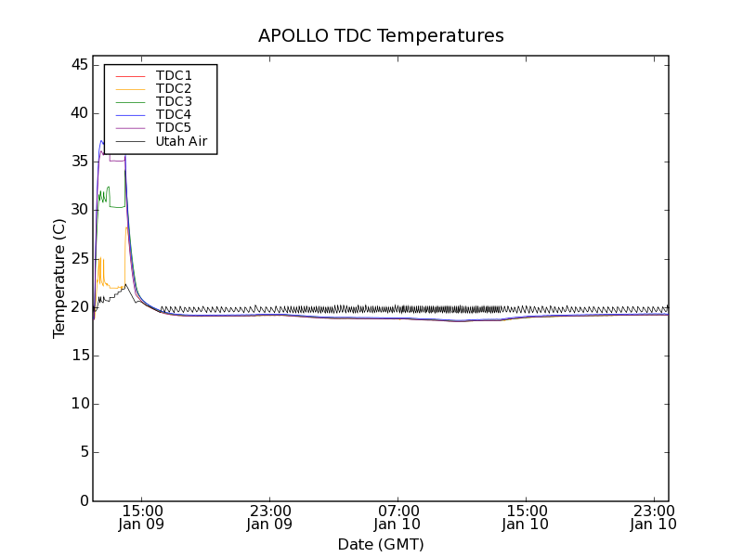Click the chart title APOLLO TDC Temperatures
point(381,36)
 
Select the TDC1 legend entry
point(174,75)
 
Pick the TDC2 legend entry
point(174,88)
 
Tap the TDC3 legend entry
point(174,101)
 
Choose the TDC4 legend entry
point(174,114)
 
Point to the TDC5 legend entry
point(174,127)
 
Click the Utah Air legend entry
point(181,141)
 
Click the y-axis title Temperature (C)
point(59,278)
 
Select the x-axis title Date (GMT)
point(381,544)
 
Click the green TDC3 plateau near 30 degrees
point(117,206)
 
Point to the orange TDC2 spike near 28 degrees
point(127,228)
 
